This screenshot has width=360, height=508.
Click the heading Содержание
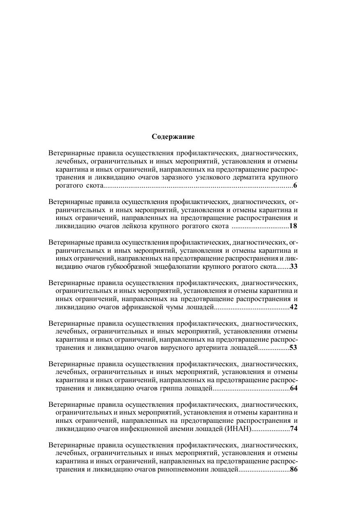173,136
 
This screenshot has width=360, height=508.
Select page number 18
293,226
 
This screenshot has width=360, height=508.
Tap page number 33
294,266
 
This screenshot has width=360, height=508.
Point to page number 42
294,307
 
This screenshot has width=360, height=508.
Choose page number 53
293,347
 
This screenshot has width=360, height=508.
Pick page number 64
294,388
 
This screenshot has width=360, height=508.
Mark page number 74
294,429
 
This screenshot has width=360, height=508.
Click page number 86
294,469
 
